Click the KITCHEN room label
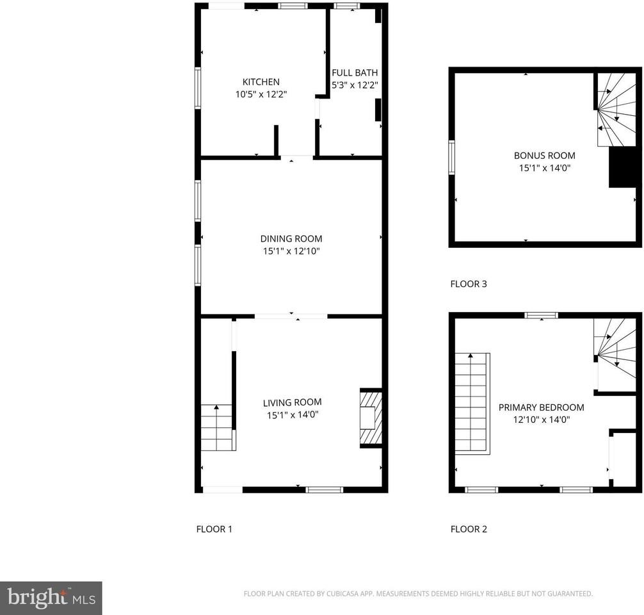point(261,82)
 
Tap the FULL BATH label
point(355,72)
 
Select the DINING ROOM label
point(291,239)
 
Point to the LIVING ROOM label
point(292,402)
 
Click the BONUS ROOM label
point(544,155)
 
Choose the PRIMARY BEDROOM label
point(541,407)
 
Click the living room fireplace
point(371,418)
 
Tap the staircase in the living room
point(216,427)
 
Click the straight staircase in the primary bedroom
point(472,403)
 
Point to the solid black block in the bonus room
point(622,168)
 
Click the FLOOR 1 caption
point(214,529)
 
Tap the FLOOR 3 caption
point(469,284)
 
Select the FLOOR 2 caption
point(469,529)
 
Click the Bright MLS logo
point(51,598)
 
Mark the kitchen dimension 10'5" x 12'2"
point(261,94)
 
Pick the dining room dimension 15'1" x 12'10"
point(291,251)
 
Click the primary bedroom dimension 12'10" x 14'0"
point(541,420)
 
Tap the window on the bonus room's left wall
point(451,158)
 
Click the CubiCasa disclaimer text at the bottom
point(418,594)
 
